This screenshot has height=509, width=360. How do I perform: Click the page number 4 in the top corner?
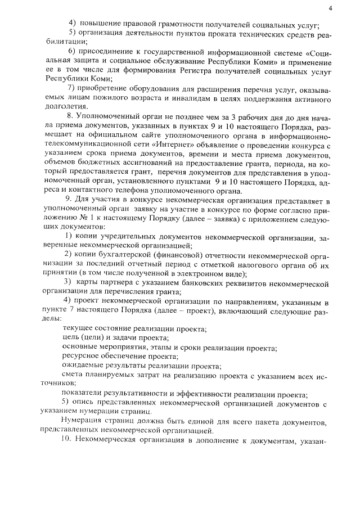pyautogui.click(x=330, y=7)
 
